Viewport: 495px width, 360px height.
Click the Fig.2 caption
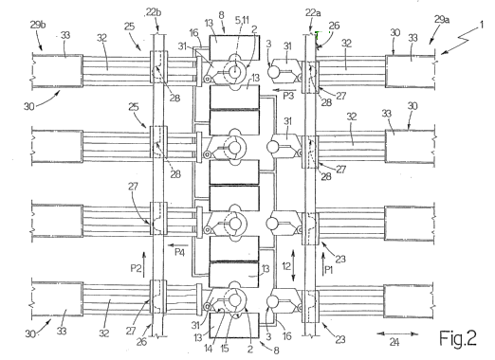(458, 338)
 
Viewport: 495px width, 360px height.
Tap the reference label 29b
(38, 25)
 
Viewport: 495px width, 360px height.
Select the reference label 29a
(442, 20)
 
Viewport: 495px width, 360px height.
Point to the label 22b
(154, 12)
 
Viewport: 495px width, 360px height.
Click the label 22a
(313, 13)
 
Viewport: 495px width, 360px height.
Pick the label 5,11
(242, 20)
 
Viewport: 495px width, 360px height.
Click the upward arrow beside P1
(322, 264)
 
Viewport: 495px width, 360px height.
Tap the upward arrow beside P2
(144, 264)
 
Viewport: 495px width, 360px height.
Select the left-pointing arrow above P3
(284, 90)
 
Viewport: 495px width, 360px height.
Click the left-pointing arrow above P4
(178, 245)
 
